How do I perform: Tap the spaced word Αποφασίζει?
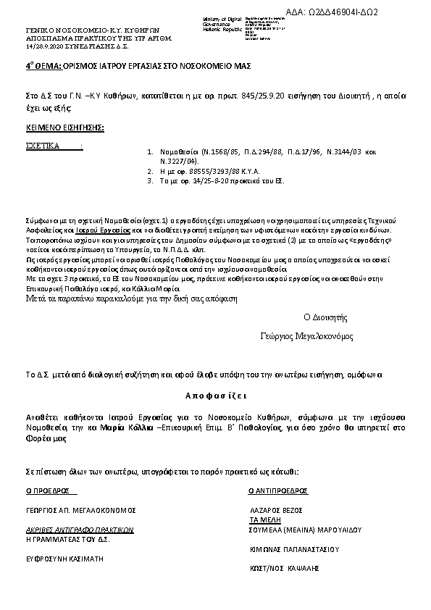pyautogui.click(x=215, y=396)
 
